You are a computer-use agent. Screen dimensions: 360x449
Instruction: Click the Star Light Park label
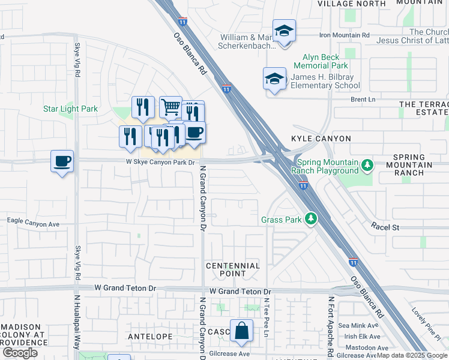[x=70, y=109]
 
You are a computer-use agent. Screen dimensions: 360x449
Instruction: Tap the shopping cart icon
[x=170, y=107]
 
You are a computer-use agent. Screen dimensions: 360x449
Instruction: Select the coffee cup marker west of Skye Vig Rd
[x=62, y=161]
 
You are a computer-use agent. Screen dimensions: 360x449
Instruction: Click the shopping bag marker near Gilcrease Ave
[x=241, y=331]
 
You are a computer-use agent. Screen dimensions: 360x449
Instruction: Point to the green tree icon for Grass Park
[x=310, y=220]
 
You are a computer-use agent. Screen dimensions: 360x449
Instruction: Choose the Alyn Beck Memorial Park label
[x=321, y=61]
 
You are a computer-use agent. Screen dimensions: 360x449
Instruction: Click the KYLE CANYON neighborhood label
[x=321, y=139]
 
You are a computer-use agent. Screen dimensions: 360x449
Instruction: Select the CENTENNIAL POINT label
[x=233, y=269]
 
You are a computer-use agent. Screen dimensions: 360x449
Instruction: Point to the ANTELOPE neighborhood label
[x=151, y=337]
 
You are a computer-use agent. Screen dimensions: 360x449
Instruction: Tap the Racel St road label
[x=385, y=227]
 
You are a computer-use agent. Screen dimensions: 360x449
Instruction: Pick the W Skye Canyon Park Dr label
[x=161, y=162]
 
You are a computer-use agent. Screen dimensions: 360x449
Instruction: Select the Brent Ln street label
[x=363, y=99]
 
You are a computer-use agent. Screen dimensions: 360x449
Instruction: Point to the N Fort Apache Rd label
[x=330, y=324]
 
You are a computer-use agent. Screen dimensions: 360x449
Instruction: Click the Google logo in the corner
[x=20, y=353]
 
